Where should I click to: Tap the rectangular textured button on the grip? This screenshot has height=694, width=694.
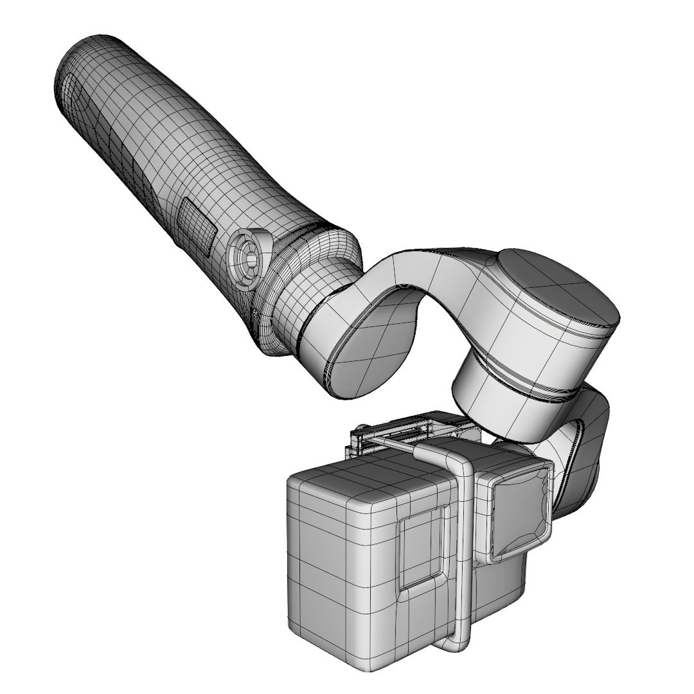(197, 224)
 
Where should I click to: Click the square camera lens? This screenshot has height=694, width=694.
(520, 508)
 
